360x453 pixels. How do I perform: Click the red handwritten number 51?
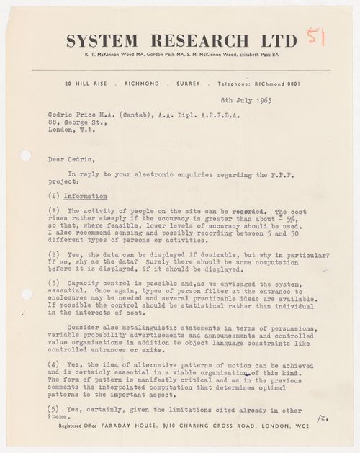pos(315,37)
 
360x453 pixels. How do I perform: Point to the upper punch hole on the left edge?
pos(27,156)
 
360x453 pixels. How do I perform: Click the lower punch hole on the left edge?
pos(27,294)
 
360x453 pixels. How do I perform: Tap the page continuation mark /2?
pos(323,417)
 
